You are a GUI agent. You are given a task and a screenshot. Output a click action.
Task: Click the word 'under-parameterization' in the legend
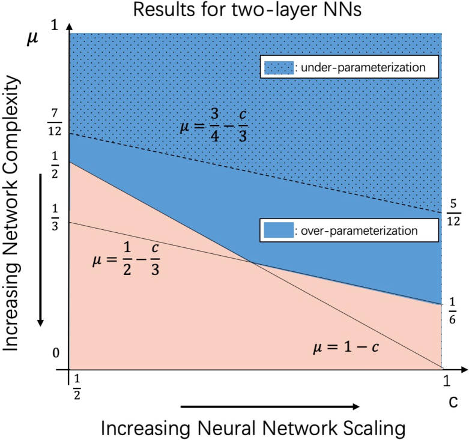[361, 68]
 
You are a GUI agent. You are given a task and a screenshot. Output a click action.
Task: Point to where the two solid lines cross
[251, 262]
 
